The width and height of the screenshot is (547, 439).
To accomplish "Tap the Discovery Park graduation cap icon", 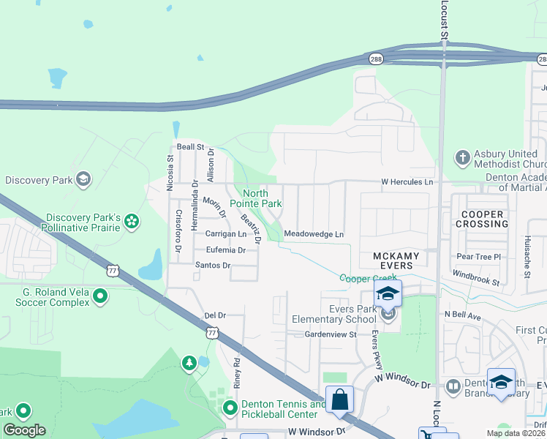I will pyautogui.click(x=83, y=179).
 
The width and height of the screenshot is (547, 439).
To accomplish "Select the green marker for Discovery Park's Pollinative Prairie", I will pyautogui.click(x=132, y=221).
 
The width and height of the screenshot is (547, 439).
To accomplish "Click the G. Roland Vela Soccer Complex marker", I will pyautogui.click(x=101, y=296).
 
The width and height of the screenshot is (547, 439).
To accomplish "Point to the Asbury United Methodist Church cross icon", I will pyautogui.click(x=462, y=157).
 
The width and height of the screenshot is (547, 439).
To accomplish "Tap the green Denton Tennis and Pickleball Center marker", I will pyautogui.click(x=230, y=408).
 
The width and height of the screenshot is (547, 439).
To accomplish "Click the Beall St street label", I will pyautogui.click(x=189, y=147).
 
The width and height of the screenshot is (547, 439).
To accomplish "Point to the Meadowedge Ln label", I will pyautogui.click(x=313, y=234).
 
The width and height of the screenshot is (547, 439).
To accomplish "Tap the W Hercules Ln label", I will pyautogui.click(x=407, y=181).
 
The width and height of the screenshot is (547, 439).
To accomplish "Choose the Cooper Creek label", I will pyautogui.click(x=369, y=278).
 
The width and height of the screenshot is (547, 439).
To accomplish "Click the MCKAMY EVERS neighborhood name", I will pyautogui.click(x=396, y=256).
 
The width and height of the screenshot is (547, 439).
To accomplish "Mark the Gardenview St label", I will pyautogui.click(x=330, y=334).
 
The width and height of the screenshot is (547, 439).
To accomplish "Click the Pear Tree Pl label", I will pyautogui.click(x=478, y=257).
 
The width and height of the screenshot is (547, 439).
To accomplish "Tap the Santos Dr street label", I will pyautogui.click(x=212, y=265).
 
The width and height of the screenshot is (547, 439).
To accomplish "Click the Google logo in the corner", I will pyautogui.click(x=24, y=429).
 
